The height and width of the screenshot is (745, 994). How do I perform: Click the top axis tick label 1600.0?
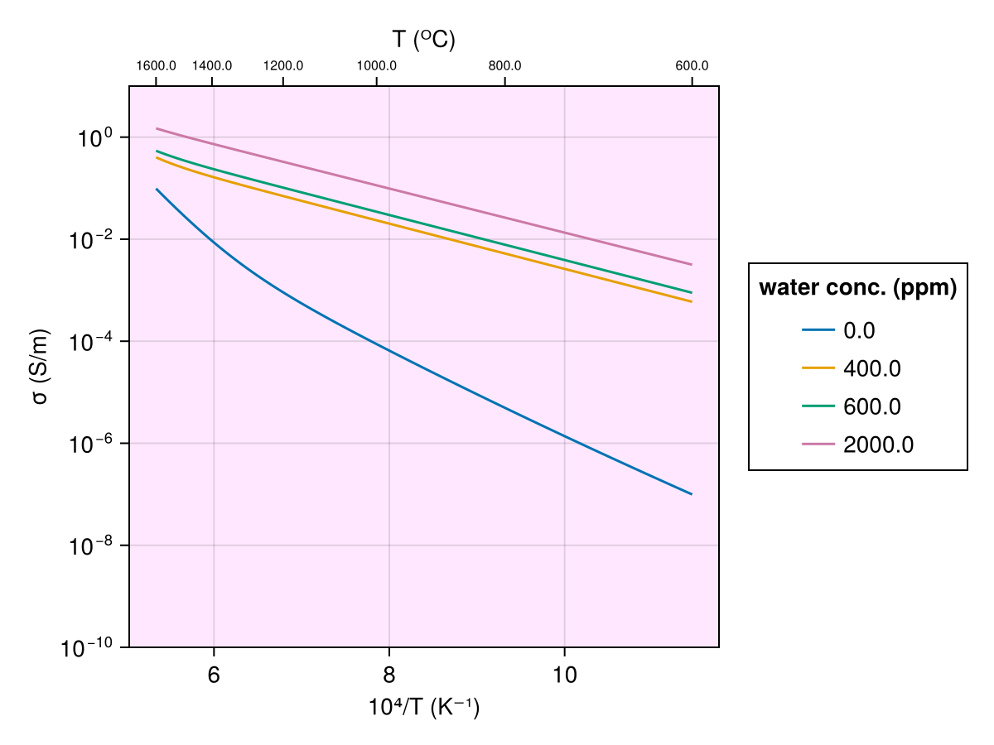[x=156, y=66]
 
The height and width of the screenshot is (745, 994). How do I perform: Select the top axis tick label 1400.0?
[x=211, y=66]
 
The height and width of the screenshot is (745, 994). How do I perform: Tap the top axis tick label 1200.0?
[x=283, y=66]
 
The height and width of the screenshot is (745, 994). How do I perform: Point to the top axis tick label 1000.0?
[x=377, y=66]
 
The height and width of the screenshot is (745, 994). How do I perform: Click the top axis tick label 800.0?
[x=504, y=66]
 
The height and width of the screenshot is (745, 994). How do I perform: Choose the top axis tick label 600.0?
[x=692, y=66]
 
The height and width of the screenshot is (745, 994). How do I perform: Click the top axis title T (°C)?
[x=423, y=40]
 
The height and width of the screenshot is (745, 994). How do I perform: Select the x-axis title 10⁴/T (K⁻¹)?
[x=423, y=709]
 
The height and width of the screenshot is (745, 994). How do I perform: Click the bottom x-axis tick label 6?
[x=214, y=675]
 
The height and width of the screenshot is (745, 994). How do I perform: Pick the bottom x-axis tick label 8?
[x=388, y=675]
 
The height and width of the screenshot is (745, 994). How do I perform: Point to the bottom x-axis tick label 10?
[x=564, y=675]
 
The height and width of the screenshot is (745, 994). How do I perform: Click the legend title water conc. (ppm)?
[x=858, y=288]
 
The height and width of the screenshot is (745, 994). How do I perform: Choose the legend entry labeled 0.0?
[x=858, y=330]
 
